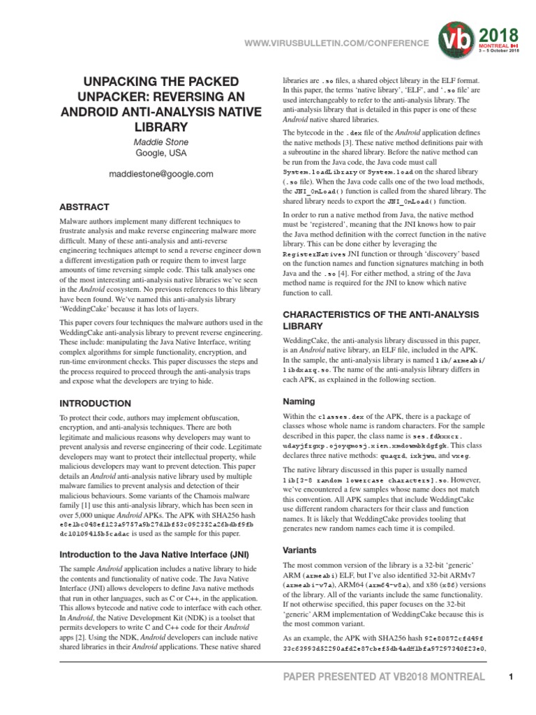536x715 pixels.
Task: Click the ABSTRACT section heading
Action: click(84, 207)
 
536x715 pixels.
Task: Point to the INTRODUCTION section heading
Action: click(95, 404)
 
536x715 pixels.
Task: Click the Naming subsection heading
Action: click(299, 401)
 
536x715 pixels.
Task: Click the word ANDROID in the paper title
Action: click(94, 111)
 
